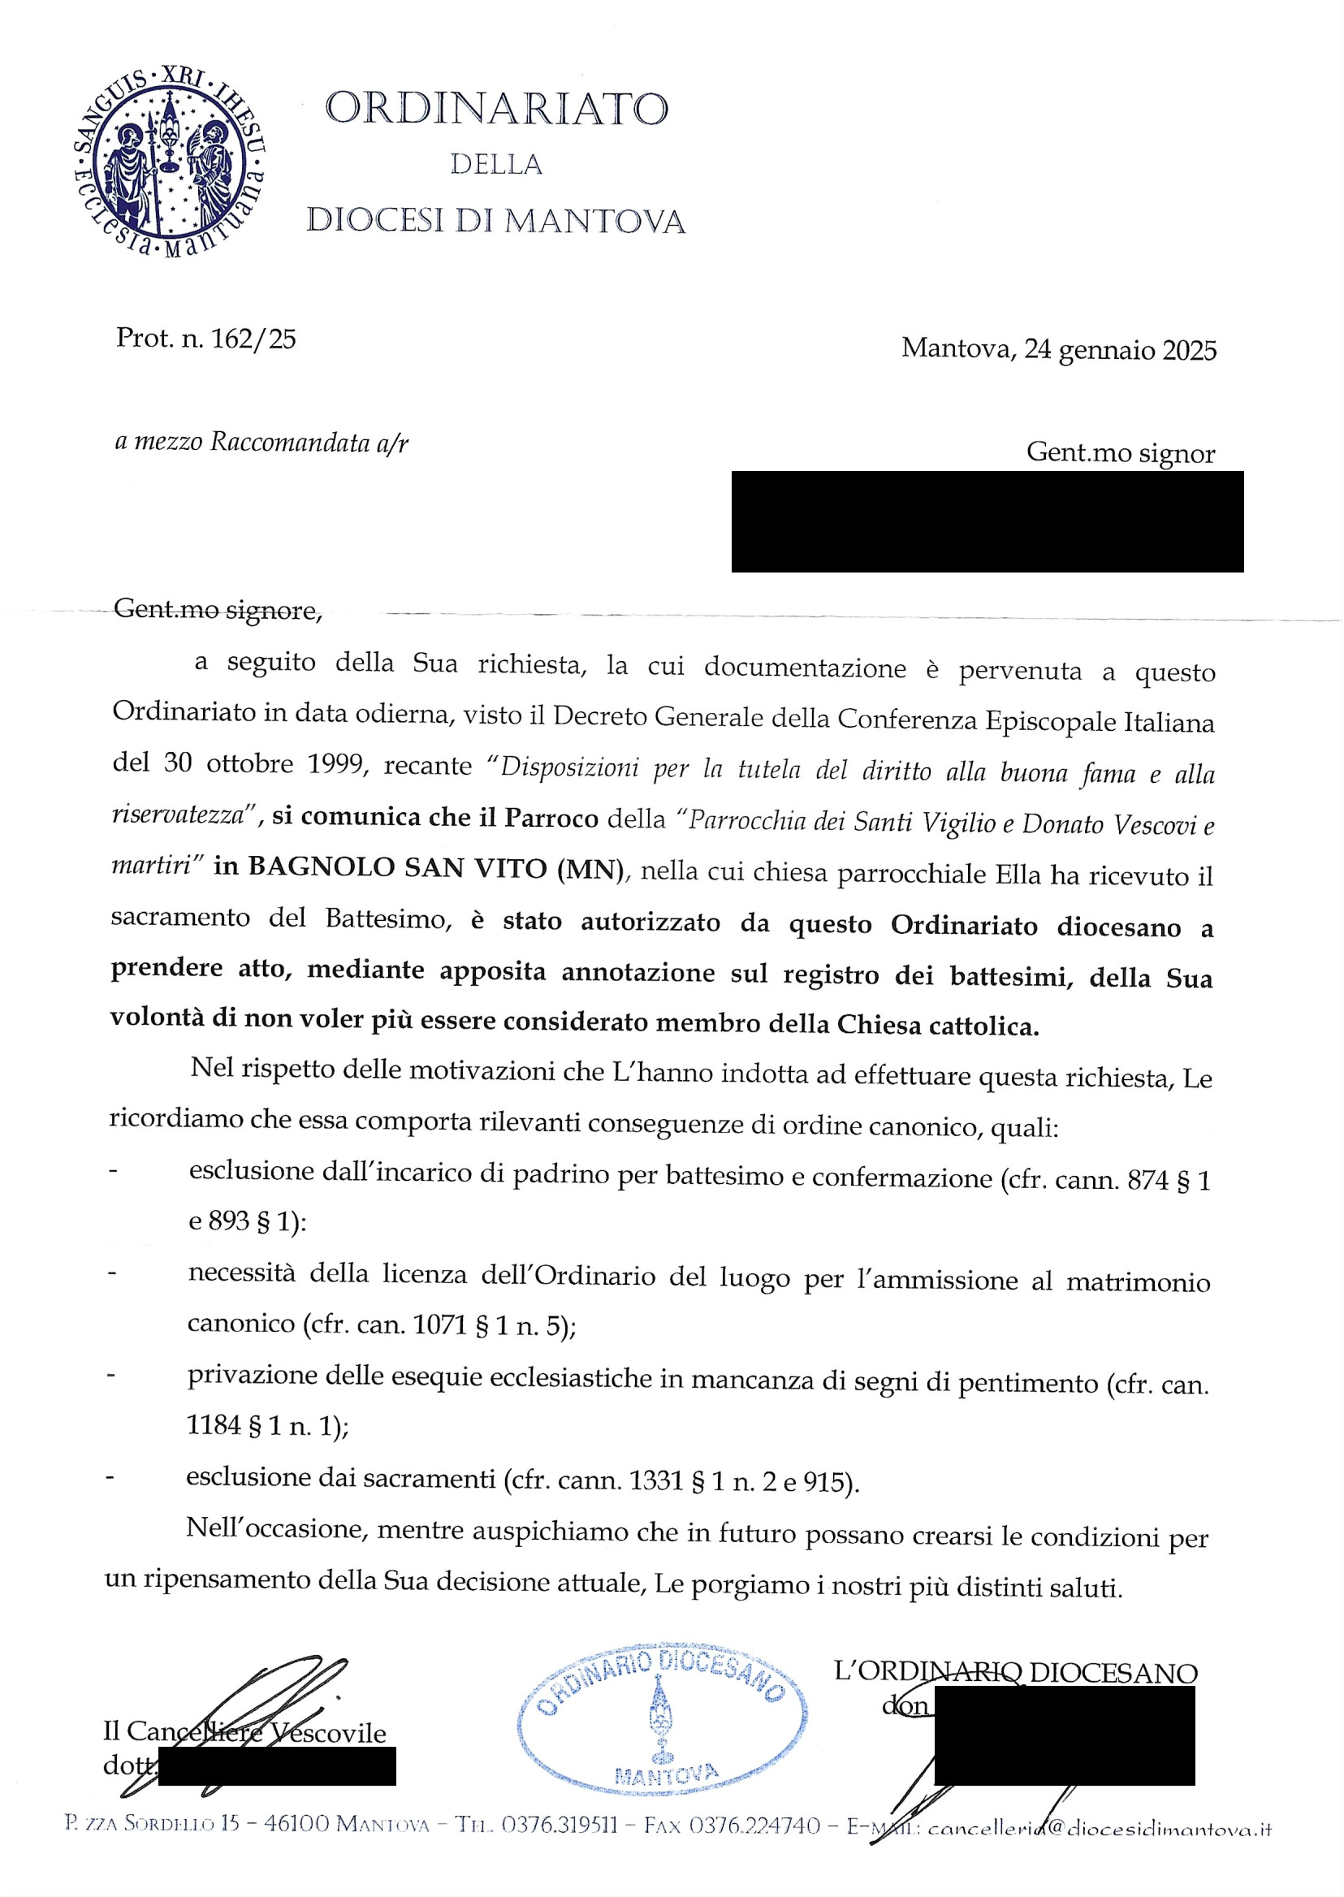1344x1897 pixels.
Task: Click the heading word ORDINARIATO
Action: click(x=496, y=109)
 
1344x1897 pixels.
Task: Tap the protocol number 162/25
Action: click(x=254, y=339)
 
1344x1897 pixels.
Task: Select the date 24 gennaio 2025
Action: click(x=1121, y=350)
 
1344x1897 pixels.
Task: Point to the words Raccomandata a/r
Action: click(x=309, y=443)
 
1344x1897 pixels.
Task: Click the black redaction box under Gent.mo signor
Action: click(x=987, y=521)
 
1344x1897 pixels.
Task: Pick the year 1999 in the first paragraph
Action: click(x=337, y=763)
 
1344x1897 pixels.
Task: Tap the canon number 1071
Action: click(x=440, y=1325)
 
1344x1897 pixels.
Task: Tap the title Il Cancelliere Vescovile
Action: click(x=244, y=1732)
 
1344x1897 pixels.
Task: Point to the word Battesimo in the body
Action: click(x=385, y=918)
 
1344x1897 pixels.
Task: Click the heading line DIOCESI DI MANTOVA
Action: click(x=495, y=220)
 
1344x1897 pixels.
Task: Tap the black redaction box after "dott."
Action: click(x=276, y=1765)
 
